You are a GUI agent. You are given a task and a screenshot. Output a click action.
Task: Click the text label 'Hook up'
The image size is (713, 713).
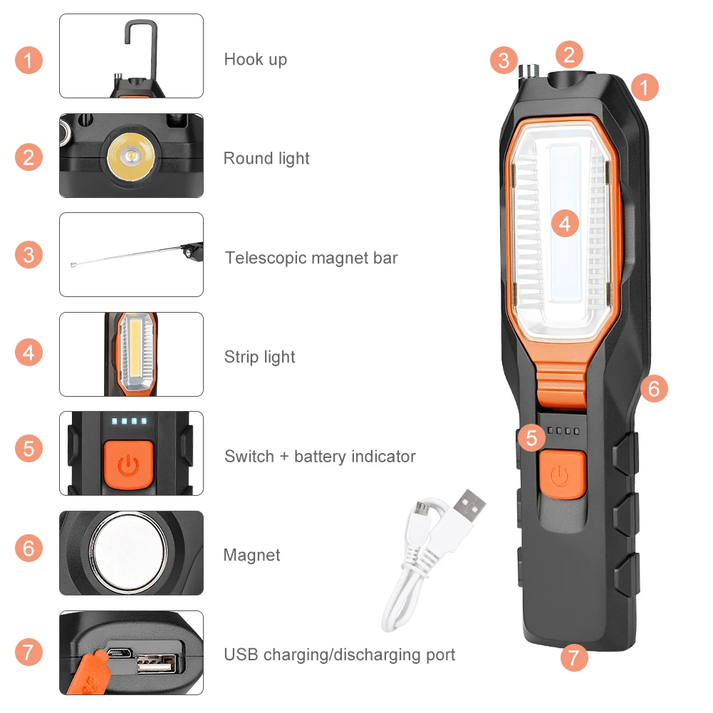(x=256, y=59)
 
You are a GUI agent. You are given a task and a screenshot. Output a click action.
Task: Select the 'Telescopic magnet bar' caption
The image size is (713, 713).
(x=311, y=258)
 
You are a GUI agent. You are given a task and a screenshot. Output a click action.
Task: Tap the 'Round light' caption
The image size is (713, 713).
(x=266, y=158)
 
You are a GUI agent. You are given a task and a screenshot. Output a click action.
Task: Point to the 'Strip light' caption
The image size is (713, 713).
(x=259, y=357)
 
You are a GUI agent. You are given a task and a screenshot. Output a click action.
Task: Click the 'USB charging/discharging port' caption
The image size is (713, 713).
(x=340, y=655)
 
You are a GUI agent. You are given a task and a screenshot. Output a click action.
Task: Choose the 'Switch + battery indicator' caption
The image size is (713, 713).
(x=320, y=456)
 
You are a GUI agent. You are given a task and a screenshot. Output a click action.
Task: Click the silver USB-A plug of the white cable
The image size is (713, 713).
(x=471, y=506)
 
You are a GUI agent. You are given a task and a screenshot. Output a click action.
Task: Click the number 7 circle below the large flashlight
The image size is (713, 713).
(x=574, y=656)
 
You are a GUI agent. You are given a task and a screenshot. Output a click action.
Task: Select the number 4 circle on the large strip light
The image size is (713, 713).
(x=565, y=224)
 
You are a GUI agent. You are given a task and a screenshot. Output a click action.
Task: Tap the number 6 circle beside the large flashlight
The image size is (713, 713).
(x=654, y=388)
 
